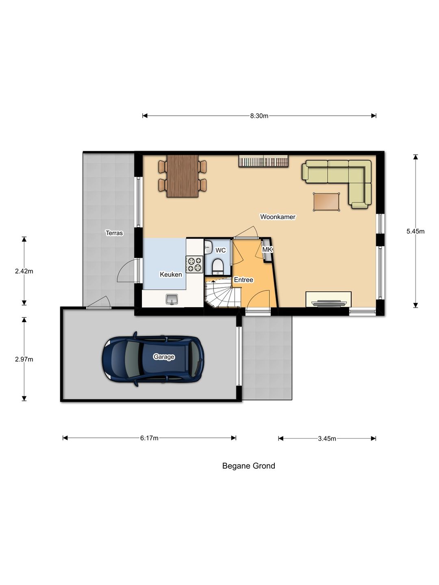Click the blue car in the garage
tap(153, 359)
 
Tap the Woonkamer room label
tap(278, 217)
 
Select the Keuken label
tap(171, 274)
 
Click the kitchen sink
tap(172, 299)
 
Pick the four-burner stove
tap(194, 264)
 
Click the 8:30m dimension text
tap(259, 116)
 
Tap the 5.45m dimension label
tap(415, 231)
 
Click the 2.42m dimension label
tap(24, 271)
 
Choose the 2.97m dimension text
tap(24, 359)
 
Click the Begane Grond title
tap(249, 466)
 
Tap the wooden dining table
tap(183, 176)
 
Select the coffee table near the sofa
tap(326, 202)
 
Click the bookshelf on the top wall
tap(264, 161)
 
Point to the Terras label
tap(114, 233)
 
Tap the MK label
tap(267, 249)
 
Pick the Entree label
tap(243, 279)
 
